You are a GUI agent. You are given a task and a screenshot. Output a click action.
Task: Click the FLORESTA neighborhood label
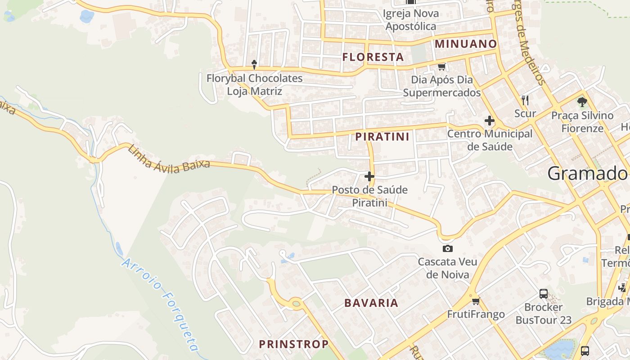coord(373,57)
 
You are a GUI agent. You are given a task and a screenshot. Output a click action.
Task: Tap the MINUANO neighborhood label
coord(466,44)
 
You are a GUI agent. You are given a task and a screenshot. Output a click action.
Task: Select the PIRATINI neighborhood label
coord(382,137)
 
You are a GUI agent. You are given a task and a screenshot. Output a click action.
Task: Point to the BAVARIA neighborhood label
coord(371,303)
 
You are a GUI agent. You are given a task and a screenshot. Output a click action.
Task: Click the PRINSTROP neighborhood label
coord(293,344)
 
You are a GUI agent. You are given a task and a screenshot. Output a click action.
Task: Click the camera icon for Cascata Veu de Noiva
coord(447,248)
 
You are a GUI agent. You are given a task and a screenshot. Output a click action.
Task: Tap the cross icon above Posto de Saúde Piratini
coord(369,176)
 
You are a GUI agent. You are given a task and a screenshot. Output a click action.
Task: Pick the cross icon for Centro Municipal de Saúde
coord(489,121)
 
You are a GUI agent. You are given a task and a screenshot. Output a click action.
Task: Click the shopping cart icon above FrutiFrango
coord(476,301)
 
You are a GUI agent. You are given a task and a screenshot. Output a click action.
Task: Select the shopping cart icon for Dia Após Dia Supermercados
coord(441,67)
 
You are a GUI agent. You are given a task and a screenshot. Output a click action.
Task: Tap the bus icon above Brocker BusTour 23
coord(544,294)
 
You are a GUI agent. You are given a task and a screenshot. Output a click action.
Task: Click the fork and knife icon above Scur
coord(525,99)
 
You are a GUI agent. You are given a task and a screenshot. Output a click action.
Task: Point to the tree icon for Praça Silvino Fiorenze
coord(582,102)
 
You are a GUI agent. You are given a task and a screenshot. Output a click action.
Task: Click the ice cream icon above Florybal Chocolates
coord(254,64)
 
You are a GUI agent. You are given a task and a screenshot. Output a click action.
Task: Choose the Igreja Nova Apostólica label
coord(410,20)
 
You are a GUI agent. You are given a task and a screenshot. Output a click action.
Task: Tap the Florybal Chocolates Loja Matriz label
coord(254,85)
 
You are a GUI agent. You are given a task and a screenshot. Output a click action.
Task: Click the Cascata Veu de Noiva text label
coord(448,268)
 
